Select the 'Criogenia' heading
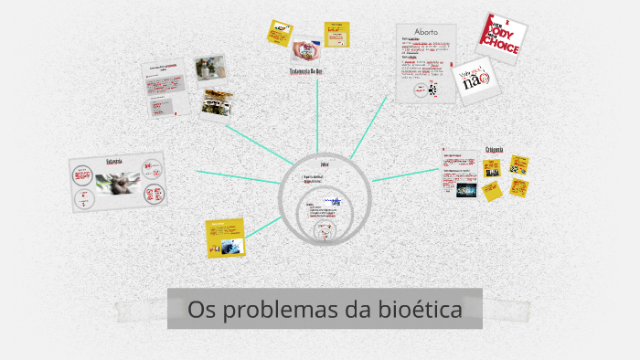495,149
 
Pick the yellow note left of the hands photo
278,32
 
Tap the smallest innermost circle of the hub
324,231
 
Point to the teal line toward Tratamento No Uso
316,119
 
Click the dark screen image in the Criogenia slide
467,189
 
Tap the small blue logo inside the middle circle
336,201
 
